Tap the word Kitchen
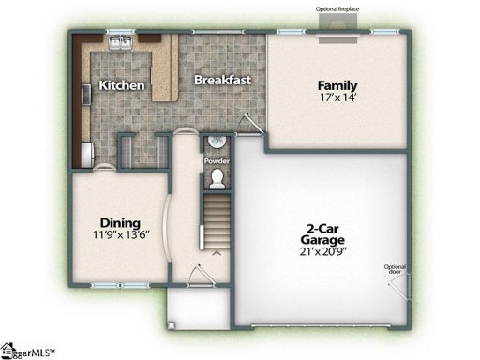[x=123, y=85]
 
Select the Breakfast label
[x=222, y=80]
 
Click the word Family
[x=337, y=85]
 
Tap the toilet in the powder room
[x=217, y=176]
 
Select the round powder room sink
[x=216, y=143]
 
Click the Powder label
[x=217, y=160]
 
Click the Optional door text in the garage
[x=395, y=271]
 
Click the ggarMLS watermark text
[x=28, y=352]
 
